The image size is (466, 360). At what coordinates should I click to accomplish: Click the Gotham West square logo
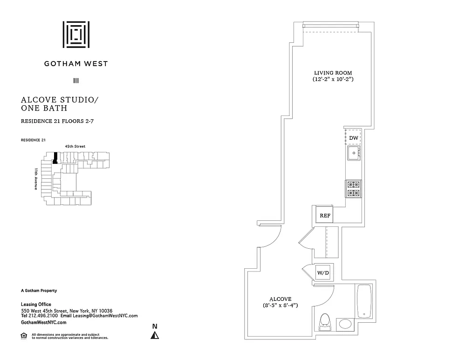coord(76,34)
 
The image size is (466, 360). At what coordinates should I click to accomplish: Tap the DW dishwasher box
coord(354,138)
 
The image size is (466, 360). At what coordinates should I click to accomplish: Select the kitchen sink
coord(354,153)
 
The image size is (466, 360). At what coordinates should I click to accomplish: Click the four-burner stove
coord(354,189)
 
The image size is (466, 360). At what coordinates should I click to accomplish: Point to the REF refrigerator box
coord(325,216)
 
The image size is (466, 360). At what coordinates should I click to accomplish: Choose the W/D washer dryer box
coord(322,272)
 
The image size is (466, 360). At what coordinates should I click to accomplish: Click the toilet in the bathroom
coord(325,321)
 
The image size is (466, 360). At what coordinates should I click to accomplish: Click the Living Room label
coord(333,73)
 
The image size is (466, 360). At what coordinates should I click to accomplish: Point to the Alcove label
coord(281,299)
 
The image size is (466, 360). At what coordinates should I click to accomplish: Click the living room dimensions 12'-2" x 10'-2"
coord(333,80)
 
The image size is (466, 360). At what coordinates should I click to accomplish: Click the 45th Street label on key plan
coord(75,146)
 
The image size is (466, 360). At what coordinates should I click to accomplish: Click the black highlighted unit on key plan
coord(55,158)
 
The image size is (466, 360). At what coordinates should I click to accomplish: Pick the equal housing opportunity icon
coord(24,335)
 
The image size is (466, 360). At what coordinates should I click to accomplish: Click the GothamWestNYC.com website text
coord(44,322)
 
